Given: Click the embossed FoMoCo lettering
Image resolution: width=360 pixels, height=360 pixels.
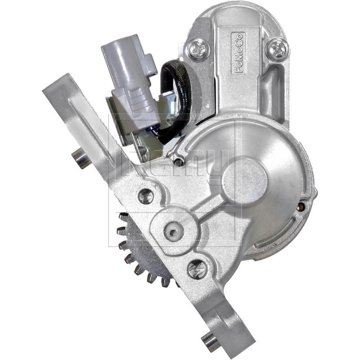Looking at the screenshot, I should point(238,53).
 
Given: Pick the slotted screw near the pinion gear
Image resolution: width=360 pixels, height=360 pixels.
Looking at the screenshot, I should point(197,269).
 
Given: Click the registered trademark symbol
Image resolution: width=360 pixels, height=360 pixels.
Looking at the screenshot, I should point(245,117).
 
